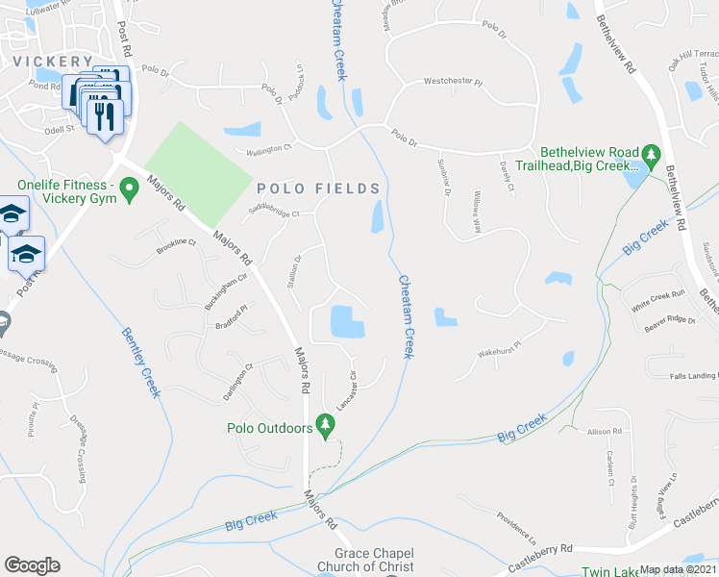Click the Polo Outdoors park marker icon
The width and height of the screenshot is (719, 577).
tap(325, 424)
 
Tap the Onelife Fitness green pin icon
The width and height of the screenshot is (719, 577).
tap(126, 197)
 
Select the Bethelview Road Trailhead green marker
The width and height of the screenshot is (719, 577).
tap(651, 154)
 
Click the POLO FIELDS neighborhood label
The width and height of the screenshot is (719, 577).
tap(318, 188)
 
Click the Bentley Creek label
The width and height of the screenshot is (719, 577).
tap(139, 362)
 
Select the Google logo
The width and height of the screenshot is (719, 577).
tap(32, 565)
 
